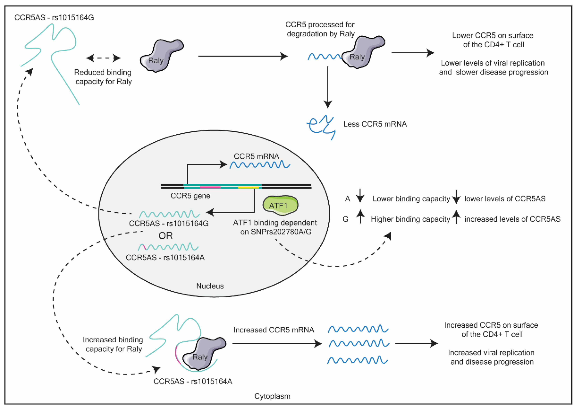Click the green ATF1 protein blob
[x=280, y=205]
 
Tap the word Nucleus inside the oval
[x=210, y=286]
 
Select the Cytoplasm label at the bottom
[x=272, y=396]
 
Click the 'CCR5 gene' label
[x=190, y=196]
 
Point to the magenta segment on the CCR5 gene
[x=210, y=187]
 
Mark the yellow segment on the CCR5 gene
[x=248, y=187]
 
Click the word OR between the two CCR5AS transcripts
[x=165, y=236]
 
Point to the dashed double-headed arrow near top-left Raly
[x=103, y=58]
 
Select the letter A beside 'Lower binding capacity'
[x=347, y=199]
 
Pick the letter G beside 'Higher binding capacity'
[x=346, y=219]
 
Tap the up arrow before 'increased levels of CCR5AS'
[x=456, y=217]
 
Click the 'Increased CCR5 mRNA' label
[x=274, y=330]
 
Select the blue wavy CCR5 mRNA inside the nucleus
[x=260, y=165]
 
